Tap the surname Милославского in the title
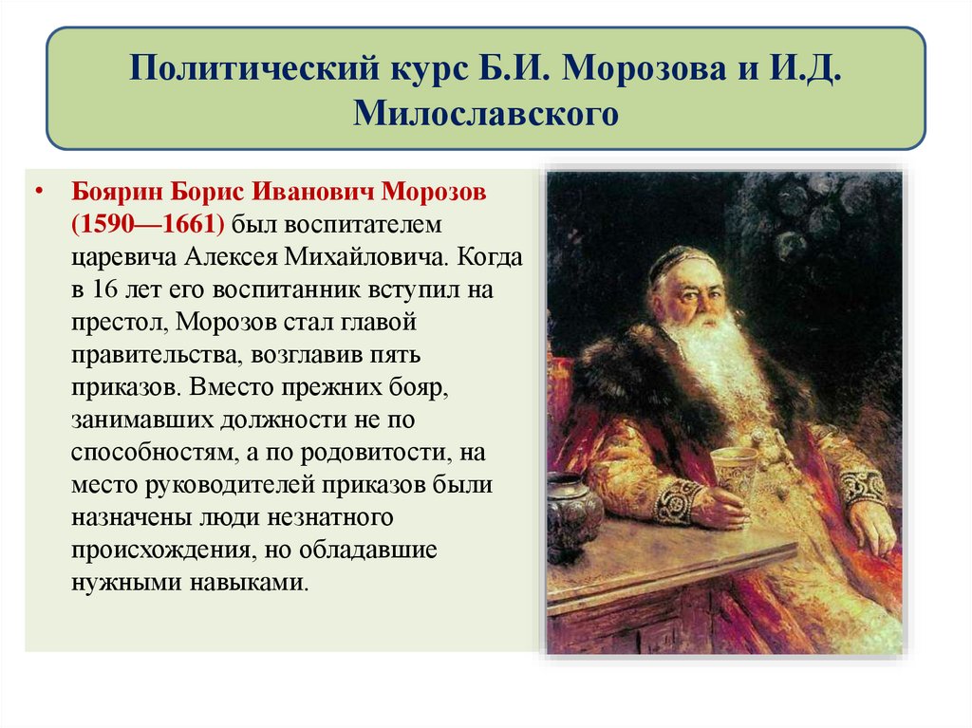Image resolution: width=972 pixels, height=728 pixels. pyautogui.click(x=485, y=115)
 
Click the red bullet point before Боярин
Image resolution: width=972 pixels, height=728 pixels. pyautogui.click(x=39, y=194)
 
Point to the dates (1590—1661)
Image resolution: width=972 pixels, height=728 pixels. pyautogui.click(x=146, y=226)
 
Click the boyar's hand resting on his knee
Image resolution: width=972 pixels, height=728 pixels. pyautogui.click(x=871, y=526)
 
